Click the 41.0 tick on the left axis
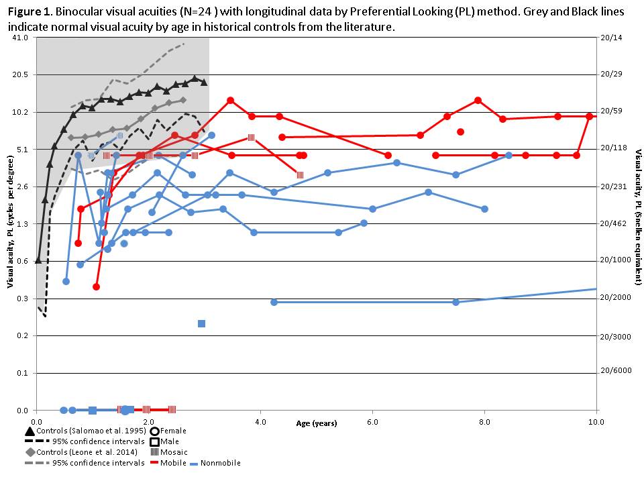[20, 38]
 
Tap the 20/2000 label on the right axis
[615, 298]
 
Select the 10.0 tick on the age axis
[595, 421]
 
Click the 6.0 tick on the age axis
[372, 421]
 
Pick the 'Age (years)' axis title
[317, 423]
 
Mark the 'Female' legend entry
[172, 431]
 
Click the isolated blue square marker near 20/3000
[201, 323]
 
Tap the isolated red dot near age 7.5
[460, 131]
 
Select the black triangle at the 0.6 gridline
[38, 260]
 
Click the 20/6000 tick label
[615, 369]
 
